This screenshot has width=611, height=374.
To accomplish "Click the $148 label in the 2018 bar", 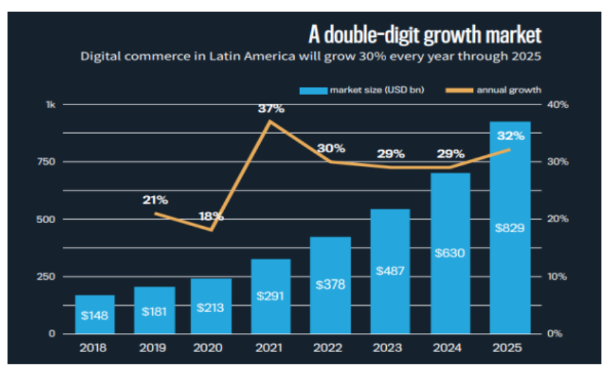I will tap(94, 316).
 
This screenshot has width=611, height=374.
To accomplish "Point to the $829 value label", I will tap(509, 227).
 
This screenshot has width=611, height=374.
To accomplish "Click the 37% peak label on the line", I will tap(271, 109).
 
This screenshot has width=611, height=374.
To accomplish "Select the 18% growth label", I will tap(211, 216).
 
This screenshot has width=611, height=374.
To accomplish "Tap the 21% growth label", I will tap(155, 200).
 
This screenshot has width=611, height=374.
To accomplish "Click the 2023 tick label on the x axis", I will tap(390, 347).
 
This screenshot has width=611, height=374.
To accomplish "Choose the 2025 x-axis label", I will tap(509, 347).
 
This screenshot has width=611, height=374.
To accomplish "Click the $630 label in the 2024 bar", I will tap(450, 253).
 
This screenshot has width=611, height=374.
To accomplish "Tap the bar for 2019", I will tap(154, 311).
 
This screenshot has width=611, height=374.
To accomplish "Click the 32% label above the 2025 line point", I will tap(511, 135).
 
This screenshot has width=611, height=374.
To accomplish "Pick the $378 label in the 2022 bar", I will tap(330, 284).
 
